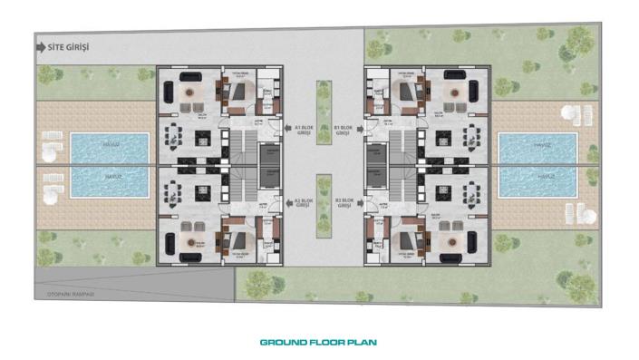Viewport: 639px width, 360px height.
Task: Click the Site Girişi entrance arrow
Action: (40, 44)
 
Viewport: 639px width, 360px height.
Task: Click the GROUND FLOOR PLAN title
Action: (318, 343)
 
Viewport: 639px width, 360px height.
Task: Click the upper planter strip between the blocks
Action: (324, 100)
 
